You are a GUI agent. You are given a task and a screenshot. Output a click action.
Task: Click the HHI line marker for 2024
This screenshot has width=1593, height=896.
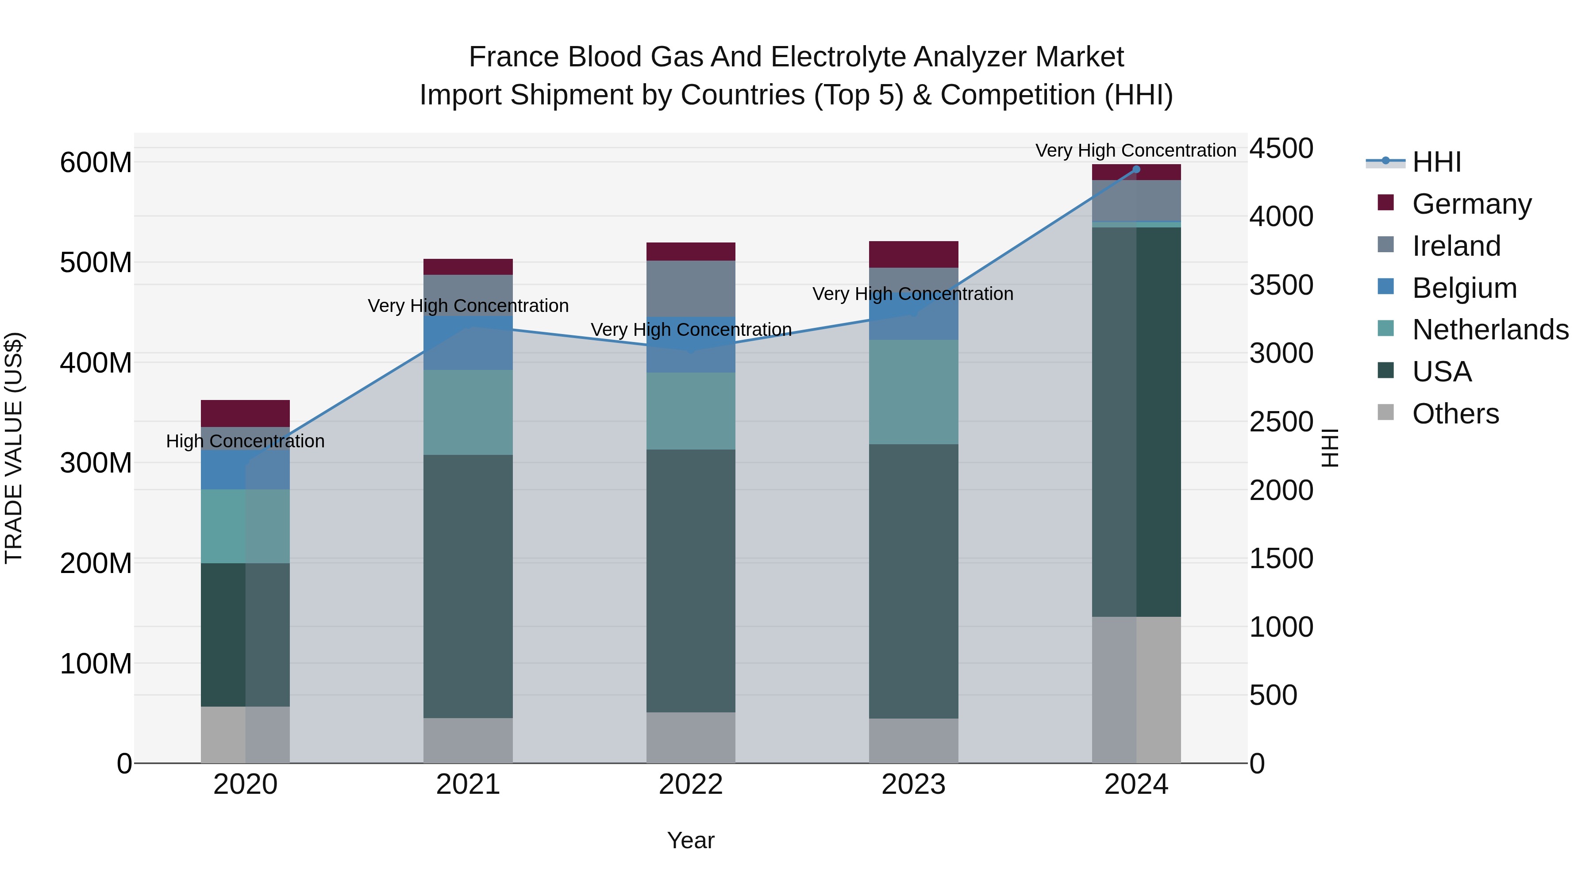tap(1136, 169)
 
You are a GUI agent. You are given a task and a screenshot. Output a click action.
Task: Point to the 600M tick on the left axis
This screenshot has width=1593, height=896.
tap(96, 163)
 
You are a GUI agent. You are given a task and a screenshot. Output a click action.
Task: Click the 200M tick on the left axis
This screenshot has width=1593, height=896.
tap(96, 563)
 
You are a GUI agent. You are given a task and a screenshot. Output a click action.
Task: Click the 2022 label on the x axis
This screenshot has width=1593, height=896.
tap(691, 784)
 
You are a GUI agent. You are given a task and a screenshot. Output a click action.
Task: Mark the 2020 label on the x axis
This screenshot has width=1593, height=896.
tap(246, 784)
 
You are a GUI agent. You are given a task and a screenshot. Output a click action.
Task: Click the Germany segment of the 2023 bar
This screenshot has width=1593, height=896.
tap(913, 254)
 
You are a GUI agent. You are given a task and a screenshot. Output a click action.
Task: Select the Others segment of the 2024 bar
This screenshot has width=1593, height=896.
tap(1136, 689)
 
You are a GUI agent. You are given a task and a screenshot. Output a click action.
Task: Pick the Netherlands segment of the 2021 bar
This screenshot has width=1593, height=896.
tap(468, 412)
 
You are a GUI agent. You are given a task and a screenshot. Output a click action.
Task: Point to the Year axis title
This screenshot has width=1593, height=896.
tap(691, 840)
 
